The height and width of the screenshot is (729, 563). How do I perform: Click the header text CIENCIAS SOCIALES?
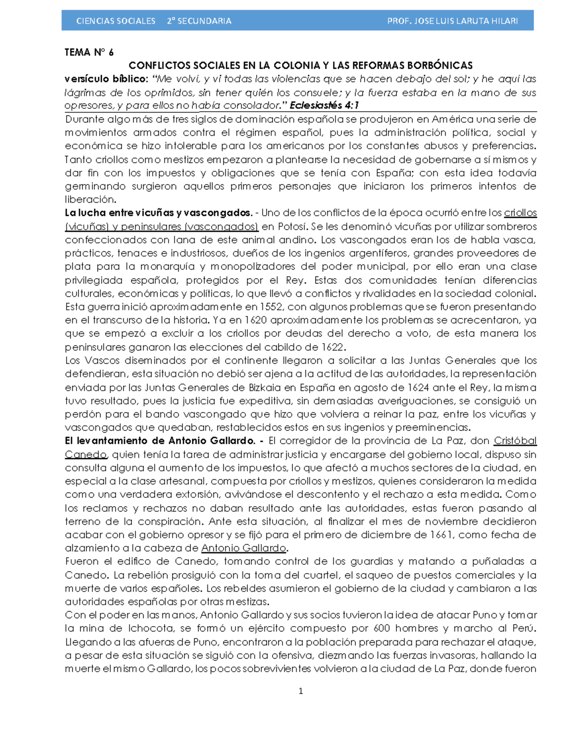click(115, 21)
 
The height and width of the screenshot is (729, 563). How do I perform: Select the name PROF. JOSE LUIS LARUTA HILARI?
click(452, 21)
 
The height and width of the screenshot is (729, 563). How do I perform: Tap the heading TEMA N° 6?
click(89, 52)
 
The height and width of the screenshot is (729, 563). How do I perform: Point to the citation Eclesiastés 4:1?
click(324, 105)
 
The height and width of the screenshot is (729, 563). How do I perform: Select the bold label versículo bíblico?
click(107, 78)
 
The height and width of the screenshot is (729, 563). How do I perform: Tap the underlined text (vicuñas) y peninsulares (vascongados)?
click(161, 226)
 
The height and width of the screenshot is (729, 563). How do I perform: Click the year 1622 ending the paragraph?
click(333, 347)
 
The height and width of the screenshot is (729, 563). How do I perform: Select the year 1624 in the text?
click(418, 388)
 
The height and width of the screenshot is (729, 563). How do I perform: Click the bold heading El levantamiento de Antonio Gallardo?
click(160, 441)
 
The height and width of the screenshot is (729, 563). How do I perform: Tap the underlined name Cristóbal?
click(515, 441)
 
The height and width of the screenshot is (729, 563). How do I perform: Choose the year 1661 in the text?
click(441, 535)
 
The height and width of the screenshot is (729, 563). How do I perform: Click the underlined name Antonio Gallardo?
click(243, 548)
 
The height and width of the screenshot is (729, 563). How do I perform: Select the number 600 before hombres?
click(382, 629)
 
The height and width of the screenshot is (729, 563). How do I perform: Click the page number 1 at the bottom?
click(301, 691)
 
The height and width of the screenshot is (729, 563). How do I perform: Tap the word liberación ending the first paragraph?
click(90, 200)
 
